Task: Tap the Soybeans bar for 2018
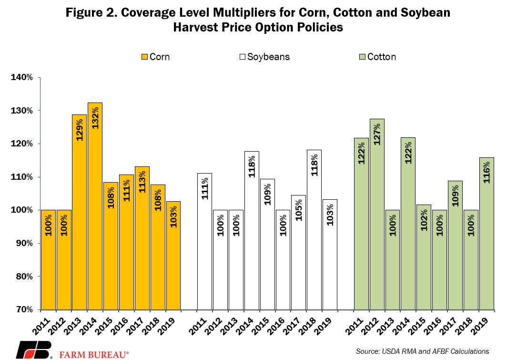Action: point(314,229)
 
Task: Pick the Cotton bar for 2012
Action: point(376,214)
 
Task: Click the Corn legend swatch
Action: point(145,57)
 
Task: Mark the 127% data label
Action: point(376,135)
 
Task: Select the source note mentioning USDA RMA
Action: point(423,351)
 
